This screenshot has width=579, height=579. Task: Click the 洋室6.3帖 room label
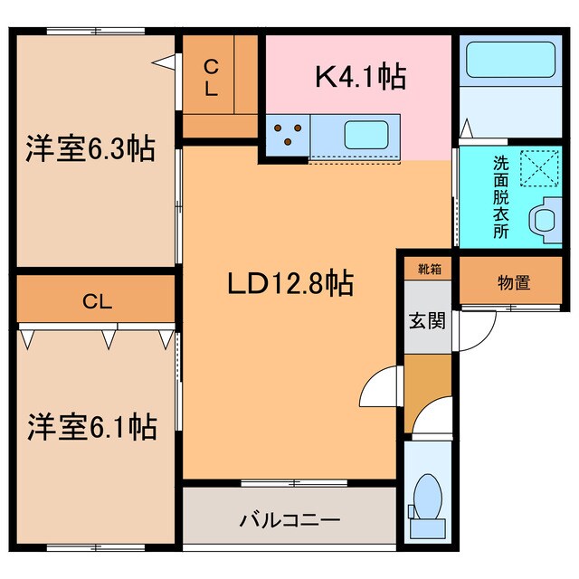pyautogui.click(x=89, y=147)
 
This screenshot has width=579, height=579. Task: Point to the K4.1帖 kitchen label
pyautogui.click(x=359, y=77)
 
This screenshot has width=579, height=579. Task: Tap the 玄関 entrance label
pyautogui.click(x=423, y=319)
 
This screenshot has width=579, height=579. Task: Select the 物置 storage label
pyautogui.click(x=514, y=283)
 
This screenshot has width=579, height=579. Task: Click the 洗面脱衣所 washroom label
pyautogui.click(x=500, y=197)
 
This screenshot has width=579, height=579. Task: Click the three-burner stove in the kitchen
pyautogui.click(x=289, y=134)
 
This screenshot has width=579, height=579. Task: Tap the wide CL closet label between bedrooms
pyautogui.click(x=96, y=302)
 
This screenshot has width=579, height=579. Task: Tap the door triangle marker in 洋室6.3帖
pyautogui.click(x=164, y=62)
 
